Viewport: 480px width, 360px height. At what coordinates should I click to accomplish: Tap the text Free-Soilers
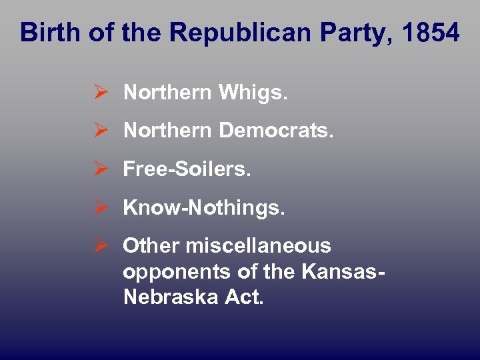187,169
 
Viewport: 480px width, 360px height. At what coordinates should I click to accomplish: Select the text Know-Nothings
204,208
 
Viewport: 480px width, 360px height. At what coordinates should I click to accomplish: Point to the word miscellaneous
259,246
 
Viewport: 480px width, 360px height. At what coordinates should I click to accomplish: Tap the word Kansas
341,271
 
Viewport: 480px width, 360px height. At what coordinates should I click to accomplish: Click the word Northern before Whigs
168,93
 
